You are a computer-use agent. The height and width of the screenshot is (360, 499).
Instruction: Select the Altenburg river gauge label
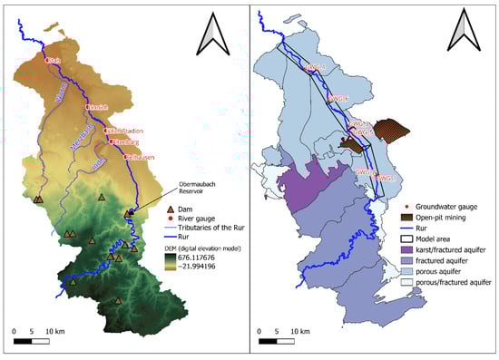(x=123, y=142)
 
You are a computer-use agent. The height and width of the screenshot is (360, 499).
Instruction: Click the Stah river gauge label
(x=55, y=61)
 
